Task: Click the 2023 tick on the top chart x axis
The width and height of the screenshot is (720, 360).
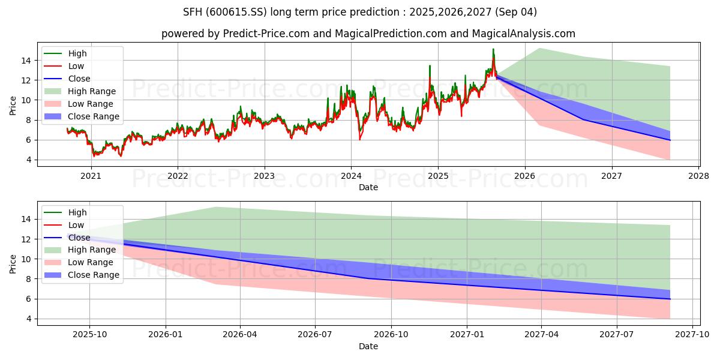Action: (264, 176)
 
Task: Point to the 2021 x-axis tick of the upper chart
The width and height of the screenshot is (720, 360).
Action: (91, 176)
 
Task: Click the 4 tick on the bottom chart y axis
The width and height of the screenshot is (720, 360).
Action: (28, 319)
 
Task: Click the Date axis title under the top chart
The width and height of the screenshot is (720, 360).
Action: (368, 187)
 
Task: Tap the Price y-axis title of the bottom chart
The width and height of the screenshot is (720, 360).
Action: (13, 263)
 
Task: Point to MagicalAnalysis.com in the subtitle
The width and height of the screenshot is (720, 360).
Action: (523, 34)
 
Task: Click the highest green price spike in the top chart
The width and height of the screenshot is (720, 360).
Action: (493, 49)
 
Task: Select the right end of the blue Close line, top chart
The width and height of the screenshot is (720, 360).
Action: (670, 140)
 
